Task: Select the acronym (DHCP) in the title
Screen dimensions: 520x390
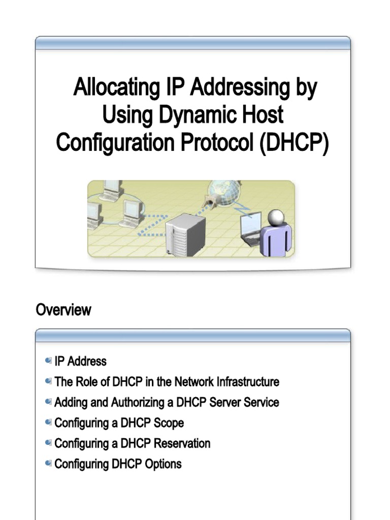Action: pyautogui.click(x=294, y=142)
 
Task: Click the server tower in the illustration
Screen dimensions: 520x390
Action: pyautogui.click(x=185, y=235)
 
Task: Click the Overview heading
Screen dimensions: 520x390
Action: pyautogui.click(x=63, y=310)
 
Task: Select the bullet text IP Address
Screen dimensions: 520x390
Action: pyautogui.click(x=80, y=362)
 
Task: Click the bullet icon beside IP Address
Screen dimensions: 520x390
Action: pyautogui.click(x=48, y=361)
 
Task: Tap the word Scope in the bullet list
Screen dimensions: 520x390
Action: pyautogui.click(x=168, y=423)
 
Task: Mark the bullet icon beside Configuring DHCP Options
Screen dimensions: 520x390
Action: pyautogui.click(x=48, y=463)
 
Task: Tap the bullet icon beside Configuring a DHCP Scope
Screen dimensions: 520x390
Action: pyautogui.click(x=48, y=422)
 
